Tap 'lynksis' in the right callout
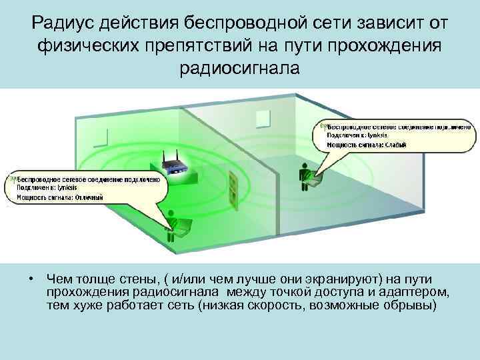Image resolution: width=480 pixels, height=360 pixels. click(377, 135)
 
